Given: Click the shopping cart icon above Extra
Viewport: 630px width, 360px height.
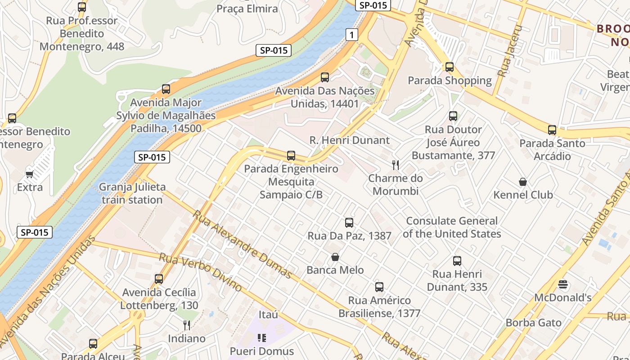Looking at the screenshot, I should point(30,174).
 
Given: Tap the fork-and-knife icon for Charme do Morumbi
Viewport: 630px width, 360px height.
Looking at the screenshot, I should point(396,165).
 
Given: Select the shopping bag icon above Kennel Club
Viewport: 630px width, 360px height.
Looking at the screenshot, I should point(523,182).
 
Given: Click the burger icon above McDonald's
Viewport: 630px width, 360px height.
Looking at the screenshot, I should point(562,284).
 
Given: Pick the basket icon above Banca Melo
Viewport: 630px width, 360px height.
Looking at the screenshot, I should point(335,257).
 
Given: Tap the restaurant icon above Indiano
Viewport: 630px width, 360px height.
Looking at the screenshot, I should point(187,325).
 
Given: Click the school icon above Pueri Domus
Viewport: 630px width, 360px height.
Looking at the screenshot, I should point(262,337).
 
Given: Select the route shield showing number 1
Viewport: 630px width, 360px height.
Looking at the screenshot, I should point(352,35).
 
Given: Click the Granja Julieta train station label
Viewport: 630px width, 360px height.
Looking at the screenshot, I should point(132,193).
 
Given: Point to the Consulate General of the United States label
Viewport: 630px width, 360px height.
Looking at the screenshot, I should point(452,227).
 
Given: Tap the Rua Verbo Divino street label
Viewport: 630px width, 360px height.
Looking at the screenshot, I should point(201,272).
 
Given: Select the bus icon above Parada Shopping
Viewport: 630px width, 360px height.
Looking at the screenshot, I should point(449,67).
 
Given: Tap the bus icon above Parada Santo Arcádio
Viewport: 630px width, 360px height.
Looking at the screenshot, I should point(552,130).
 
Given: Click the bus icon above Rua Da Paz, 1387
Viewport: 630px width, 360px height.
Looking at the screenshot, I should point(349,222).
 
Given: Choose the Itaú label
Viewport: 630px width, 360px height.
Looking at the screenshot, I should point(269,314).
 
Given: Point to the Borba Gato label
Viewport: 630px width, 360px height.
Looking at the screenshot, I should point(533,323).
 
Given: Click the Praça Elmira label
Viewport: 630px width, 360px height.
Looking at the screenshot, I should point(247,9).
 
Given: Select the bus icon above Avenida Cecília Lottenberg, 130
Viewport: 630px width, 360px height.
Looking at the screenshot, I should point(159,279).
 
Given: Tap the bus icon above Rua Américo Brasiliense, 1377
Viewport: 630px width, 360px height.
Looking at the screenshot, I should point(379,287).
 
